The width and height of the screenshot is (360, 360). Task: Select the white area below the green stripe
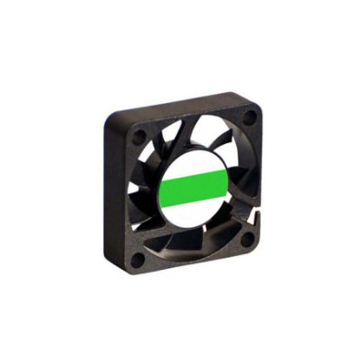click(194, 209)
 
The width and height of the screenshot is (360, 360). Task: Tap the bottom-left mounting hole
click(138, 258)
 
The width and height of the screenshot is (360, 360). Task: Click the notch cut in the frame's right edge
click(257, 208)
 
